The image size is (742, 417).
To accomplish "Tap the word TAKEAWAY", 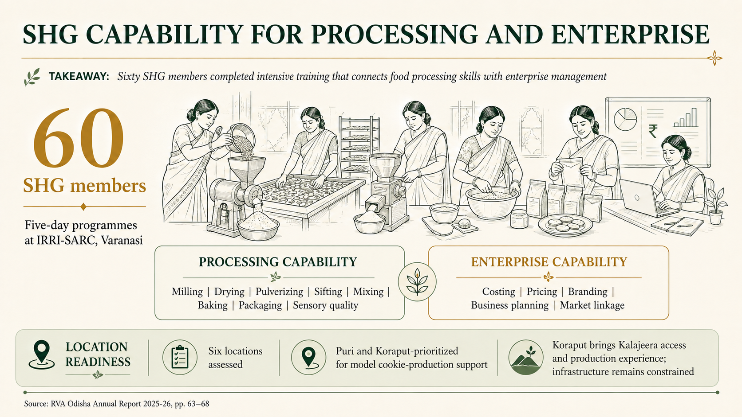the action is pyautogui.click(x=79, y=77).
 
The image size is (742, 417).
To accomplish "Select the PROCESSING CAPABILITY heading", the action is pyautogui.click(x=278, y=262).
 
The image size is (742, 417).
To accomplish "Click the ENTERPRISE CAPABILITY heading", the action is pyautogui.click(x=549, y=262).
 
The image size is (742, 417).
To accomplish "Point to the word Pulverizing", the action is pyautogui.click(x=279, y=292).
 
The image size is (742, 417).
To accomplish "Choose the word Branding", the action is pyautogui.click(x=588, y=292).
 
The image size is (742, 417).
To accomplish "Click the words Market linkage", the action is pyautogui.click(x=592, y=305).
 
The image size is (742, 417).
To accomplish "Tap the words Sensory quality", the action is pyautogui.click(x=325, y=305).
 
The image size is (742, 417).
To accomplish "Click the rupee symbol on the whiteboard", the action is pyautogui.click(x=652, y=131).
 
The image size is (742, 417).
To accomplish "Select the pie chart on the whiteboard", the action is pyautogui.click(x=625, y=119).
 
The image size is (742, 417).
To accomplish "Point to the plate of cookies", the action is pyautogui.click(x=565, y=226).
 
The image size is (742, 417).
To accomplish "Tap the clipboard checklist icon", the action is pyautogui.click(x=180, y=357).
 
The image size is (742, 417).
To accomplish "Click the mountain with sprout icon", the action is pyautogui.click(x=526, y=358).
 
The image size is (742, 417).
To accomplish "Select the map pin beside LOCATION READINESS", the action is pyautogui.click(x=42, y=355).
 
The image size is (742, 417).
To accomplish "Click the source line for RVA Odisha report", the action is pyautogui.click(x=117, y=404).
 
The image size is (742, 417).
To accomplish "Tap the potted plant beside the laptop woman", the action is pyautogui.click(x=715, y=206).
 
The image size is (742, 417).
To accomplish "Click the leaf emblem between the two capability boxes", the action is pyautogui.click(x=417, y=282).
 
